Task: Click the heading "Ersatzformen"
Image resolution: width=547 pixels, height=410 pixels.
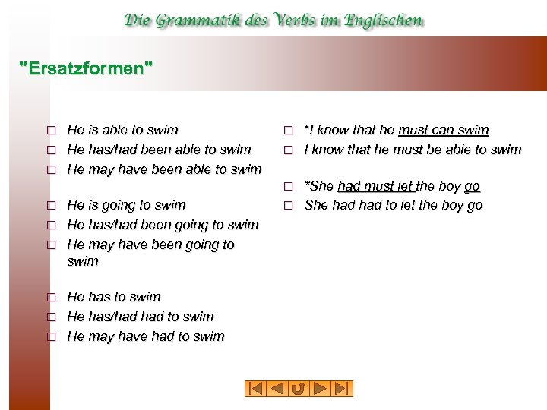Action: pyautogui.click(x=86, y=69)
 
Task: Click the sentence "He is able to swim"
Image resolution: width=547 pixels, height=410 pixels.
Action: pyautogui.click(x=122, y=130)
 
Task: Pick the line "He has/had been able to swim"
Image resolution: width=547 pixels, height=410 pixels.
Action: pyautogui.click(x=159, y=150)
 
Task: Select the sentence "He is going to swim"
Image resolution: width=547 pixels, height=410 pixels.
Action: pyautogui.click(x=126, y=205)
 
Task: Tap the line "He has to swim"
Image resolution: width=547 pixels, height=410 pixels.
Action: pyautogui.click(x=114, y=297)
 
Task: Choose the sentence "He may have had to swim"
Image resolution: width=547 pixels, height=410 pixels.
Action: pyautogui.click(x=146, y=336)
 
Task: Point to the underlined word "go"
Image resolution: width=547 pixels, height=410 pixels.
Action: pyautogui.click(x=472, y=186)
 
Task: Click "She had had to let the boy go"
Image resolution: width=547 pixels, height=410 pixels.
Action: pyautogui.click(x=394, y=206)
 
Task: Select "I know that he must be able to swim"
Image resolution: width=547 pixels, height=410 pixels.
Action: pyautogui.click(x=413, y=150)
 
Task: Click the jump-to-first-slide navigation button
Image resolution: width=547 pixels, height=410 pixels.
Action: pyautogui.click(x=255, y=389)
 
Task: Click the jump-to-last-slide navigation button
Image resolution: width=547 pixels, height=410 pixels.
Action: pyautogui.click(x=343, y=389)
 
